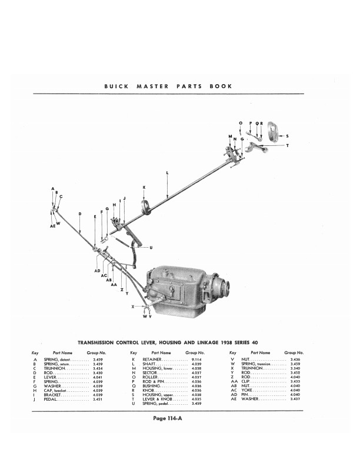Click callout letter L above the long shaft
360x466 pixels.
(168, 172)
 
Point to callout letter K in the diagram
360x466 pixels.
(144, 187)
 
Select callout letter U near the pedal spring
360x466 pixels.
(151, 247)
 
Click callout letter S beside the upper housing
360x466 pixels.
(287, 135)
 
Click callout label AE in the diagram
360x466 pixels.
(52, 225)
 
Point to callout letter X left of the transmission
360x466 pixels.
(132, 307)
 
